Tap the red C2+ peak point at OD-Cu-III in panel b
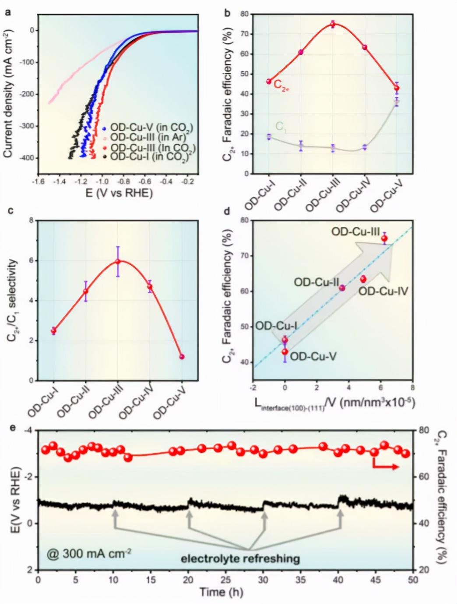tap(333, 24)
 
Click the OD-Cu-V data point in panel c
tap(182, 357)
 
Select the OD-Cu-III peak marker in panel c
tap(117, 261)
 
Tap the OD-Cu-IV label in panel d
tap(383, 291)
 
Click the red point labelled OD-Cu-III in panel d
tap(384, 238)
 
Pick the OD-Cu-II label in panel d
tap(316, 282)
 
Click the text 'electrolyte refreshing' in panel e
tap(240, 558)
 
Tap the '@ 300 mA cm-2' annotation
tap(89, 553)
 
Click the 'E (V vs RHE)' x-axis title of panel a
tap(119, 193)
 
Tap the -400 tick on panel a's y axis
tap(27, 158)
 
